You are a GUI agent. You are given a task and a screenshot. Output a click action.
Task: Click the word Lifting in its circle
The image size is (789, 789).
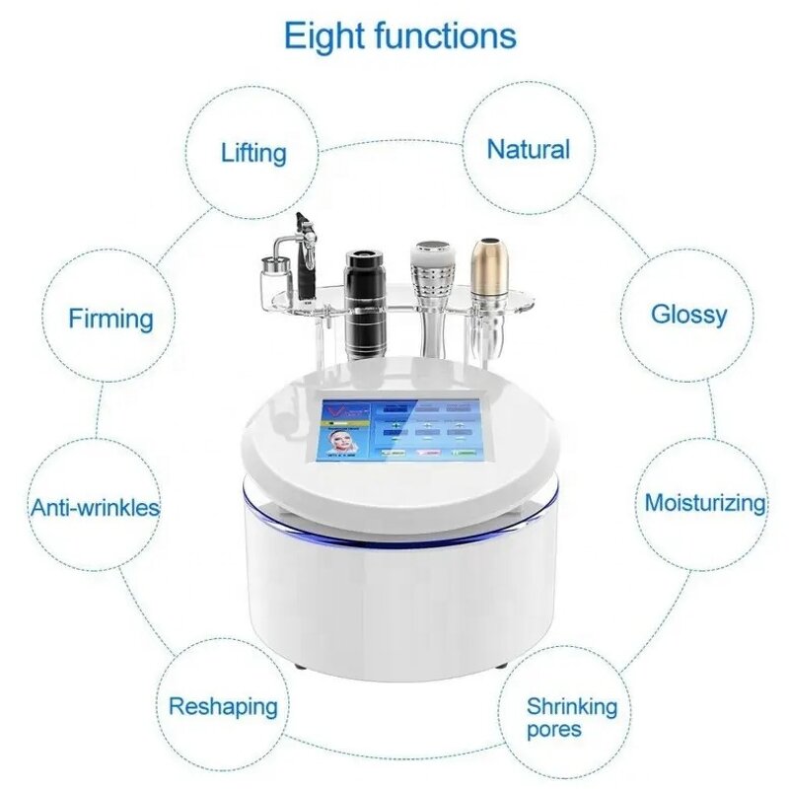click(253, 153)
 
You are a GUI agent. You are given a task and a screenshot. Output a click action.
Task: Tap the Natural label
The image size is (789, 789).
click(529, 150)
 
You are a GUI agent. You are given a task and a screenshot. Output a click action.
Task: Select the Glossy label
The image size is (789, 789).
click(688, 315)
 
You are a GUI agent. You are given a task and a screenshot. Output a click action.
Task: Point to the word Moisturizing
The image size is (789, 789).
click(704, 502)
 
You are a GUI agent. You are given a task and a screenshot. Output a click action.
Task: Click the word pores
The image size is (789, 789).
click(553, 730)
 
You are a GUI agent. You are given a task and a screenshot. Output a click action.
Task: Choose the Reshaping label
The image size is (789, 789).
click(223, 706)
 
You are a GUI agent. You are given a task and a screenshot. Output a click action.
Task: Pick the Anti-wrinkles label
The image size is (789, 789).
click(95, 508)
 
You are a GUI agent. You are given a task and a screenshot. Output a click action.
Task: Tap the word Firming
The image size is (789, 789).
click(110, 319)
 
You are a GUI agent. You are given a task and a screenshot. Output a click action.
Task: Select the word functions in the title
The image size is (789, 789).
click(447, 36)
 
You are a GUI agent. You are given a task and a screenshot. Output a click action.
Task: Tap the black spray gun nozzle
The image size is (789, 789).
click(302, 227)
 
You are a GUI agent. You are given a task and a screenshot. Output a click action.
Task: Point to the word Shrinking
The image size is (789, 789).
click(571, 706)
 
